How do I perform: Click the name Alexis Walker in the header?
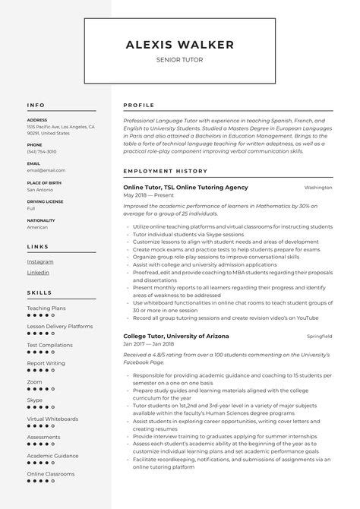179,45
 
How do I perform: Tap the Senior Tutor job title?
179,59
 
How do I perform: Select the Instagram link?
40,261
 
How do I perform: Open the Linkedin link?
38,272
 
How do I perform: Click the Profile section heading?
138,105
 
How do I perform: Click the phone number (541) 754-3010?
41,151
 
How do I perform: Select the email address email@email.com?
46,170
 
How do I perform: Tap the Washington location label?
318,187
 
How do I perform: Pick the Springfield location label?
319,336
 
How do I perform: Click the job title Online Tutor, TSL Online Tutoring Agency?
185,187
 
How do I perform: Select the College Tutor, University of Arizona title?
175,336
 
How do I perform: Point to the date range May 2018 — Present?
148,196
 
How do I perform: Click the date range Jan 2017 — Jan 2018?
150,345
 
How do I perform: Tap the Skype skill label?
35,400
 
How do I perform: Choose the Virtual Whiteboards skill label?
52,419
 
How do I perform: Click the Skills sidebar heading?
39,292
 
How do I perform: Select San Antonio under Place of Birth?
42,189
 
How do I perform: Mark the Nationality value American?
37,226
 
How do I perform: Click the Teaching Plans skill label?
46,308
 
